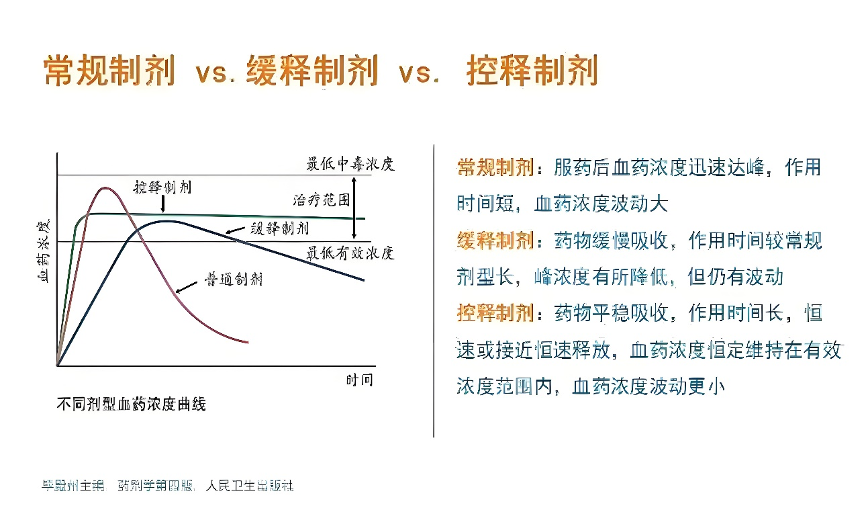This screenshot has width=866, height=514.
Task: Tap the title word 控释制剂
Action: pyautogui.click(x=532, y=71)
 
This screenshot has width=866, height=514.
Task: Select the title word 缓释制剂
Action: pyautogui.click(x=312, y=71)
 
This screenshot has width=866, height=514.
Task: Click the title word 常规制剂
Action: pyautogui.click(x=109, y=71)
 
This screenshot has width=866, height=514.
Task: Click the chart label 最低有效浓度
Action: pyautogui.click(x=350, y=253)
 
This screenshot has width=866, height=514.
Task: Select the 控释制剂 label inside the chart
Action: pyautogui.click(x=162, y=186)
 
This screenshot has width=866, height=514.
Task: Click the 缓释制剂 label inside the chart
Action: pyautogui.click(x=281, y=228)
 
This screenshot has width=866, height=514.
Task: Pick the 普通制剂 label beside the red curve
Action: pyautogui.click(x=233, y=279)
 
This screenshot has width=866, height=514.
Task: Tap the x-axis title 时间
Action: pyautogui.click(x=359, y=380)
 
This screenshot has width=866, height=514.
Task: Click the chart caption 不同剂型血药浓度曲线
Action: pyautogui.click(x=131, y=404)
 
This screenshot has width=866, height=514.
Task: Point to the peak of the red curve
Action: pyautogui.click(x=105, y=188)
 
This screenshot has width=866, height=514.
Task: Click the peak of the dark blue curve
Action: pyautogui.click(x=164, y=221)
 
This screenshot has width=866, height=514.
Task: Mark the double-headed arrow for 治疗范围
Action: pyautogui.click(x=355, y=208)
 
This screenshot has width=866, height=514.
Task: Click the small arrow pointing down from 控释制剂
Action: pyautogui.click(x=163, y=204)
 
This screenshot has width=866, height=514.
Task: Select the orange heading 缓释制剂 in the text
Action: pyautogui.click(x=495, y=240)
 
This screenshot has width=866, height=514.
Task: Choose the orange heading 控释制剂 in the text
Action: pyautogui.click(x=495, y=312)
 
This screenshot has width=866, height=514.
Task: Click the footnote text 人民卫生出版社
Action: pyautogui.click(x=250, y=485)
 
